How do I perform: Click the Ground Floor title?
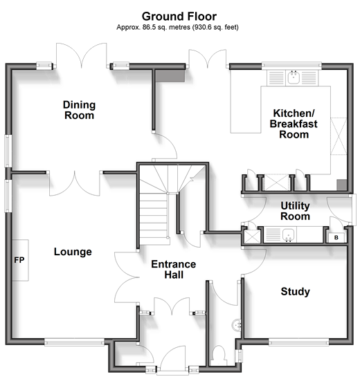[179, 17]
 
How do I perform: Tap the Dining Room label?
[79, 110]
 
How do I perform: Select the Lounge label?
[73, 252]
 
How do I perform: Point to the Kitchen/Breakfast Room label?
[294, 124]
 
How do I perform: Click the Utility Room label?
[295, 211]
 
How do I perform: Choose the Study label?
[295, 291]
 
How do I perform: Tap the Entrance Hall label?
[174, 269]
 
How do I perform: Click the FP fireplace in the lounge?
[20, 260]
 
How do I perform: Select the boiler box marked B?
[336, 238]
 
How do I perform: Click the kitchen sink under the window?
[294, 77]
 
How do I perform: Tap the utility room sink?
[289, 234]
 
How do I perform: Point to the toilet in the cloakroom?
[219, 355]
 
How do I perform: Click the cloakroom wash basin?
[237, 325]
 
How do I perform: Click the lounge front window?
[74, 342]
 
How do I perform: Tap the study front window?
[298, 342]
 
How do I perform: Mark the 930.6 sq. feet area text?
[216, 27]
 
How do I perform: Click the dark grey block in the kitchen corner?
[342, 185]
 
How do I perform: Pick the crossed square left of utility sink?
[252, 237]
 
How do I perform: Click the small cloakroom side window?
[240, 355]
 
